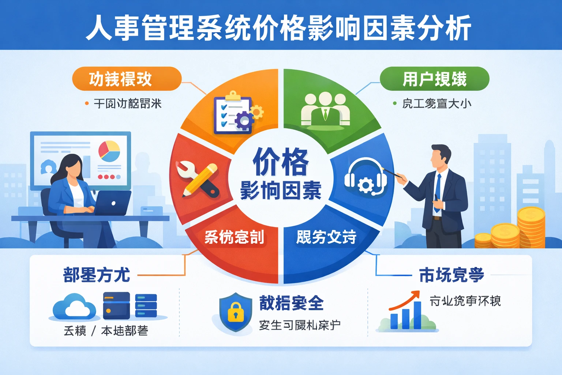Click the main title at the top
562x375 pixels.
279,27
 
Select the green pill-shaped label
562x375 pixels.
434,79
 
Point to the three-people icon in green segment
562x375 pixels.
325,109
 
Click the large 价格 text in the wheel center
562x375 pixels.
281,161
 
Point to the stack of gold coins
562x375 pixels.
531,227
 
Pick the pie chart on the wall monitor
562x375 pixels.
109,151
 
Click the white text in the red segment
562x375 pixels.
234,237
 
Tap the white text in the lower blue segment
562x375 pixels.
326,237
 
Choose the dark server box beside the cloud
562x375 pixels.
116,305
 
